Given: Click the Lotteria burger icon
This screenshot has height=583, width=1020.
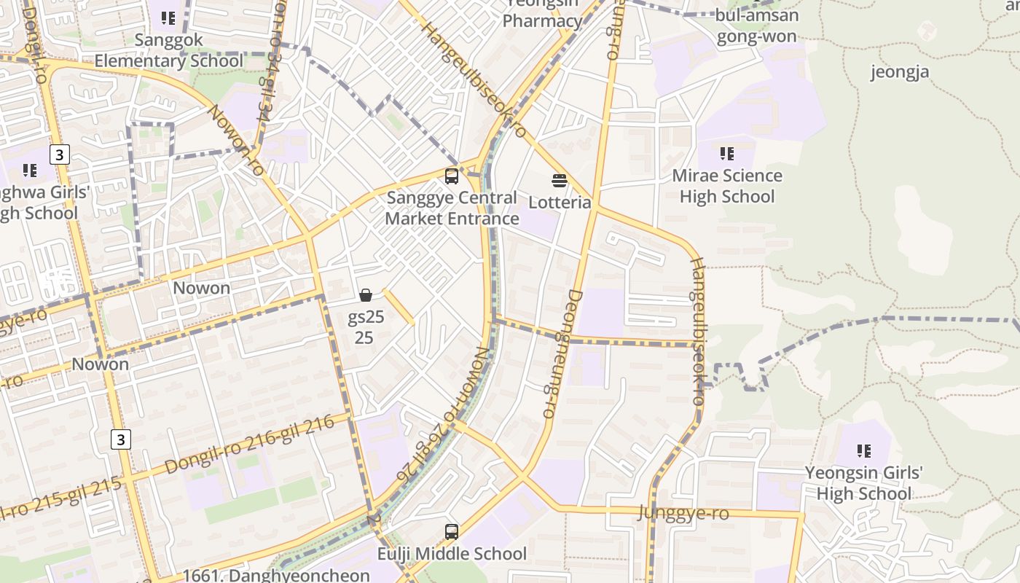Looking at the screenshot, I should click(560, 180).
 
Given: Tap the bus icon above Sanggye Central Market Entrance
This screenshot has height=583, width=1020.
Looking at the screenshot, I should click(452, 176).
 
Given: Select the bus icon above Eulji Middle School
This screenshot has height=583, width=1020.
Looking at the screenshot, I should click(452, 532).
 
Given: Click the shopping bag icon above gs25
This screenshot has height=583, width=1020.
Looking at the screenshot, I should click(366, 295).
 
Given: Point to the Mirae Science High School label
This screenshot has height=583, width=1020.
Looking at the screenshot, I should click(726, 186).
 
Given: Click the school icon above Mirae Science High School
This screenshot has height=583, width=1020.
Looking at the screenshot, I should click(726, 153).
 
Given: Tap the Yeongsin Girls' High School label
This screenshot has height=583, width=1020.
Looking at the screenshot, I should click(863, 482).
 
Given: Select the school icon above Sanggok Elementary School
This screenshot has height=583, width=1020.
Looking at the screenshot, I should click(168, 17).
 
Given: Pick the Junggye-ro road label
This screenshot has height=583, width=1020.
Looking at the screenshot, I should click(683, 513).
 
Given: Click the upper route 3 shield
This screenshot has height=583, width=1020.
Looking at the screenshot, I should click(60, 154).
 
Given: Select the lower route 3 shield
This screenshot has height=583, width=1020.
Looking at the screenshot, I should click(121, 439).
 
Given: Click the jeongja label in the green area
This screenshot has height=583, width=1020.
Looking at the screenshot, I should click(900, 71).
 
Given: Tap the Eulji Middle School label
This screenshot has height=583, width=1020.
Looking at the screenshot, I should click(452, 554).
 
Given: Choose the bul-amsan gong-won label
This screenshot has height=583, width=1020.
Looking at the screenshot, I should click(756, 26).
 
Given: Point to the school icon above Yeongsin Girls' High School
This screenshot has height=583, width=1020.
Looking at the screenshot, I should click(863, 450).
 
